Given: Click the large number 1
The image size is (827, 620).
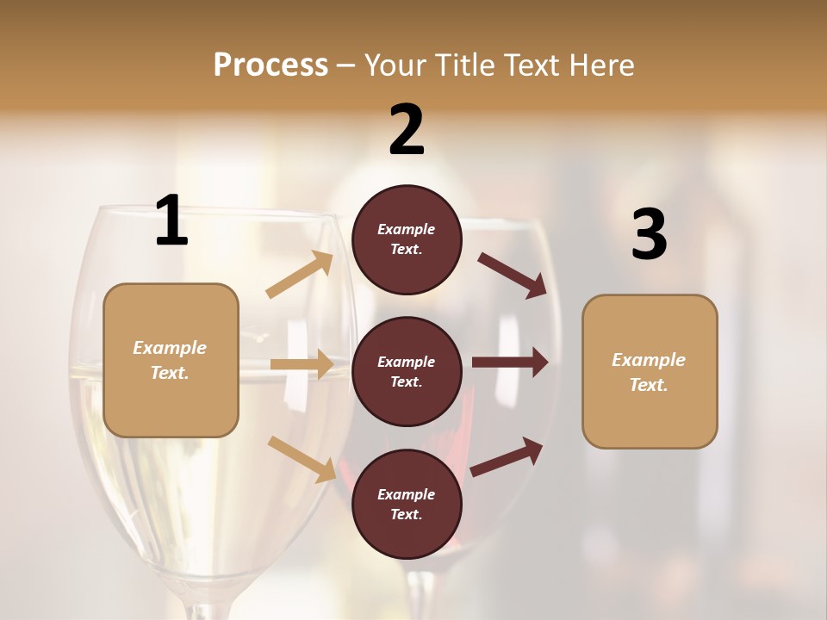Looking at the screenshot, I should [x=171, y=221].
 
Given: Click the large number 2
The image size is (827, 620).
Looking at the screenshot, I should [x=407, y=130].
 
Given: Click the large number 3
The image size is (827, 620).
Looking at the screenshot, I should [x=649, y=235].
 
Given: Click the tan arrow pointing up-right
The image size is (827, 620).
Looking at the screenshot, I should [x=299, y=275].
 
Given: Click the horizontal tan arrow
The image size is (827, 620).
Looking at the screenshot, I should [x=302, y=364].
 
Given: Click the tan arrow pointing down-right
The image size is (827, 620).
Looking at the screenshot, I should [x=302, y=458].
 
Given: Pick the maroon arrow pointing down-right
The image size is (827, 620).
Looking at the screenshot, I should [x=513, y=275].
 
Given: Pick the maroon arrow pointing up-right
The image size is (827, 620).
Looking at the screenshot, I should [x=507, y=456].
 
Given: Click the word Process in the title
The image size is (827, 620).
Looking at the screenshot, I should [x=270, y=65].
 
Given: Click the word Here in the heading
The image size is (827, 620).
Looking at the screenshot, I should [x=600, y=65].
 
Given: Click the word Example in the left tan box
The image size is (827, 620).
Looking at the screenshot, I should [x=170, y=348].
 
